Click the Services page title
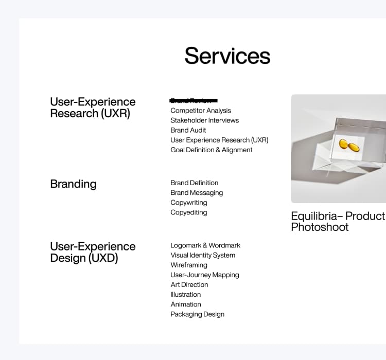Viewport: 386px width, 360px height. tap(227, 56)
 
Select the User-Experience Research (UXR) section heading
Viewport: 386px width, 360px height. tap(93, 107)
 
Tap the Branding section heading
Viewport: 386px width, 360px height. tap(73, 184)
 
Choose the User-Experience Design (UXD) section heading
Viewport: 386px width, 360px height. tap(93, 252)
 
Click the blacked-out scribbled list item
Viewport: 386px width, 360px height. tap(194, 100)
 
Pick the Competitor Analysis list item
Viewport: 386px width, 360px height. tap(201, 111)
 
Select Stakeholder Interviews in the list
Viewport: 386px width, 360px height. tap(204, 120)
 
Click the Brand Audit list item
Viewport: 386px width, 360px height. tap(188, 130)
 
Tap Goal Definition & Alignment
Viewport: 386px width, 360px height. tap(211, 150)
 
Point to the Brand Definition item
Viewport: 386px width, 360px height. tap(194, 183)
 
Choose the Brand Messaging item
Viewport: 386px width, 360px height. tap(197, 193)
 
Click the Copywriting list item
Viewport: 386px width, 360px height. tap(189, 203)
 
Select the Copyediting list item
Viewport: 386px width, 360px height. tap(189, 212)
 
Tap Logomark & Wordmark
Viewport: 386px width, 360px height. tap(205, 245)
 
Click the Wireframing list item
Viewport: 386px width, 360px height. tap(189, 265)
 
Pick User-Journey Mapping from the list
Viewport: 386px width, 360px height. tap(205, 275)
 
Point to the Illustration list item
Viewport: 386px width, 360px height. tap(186, 295)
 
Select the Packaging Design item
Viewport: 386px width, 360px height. tap(197, 314)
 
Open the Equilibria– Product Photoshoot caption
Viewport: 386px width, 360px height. tap(338, 222)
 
